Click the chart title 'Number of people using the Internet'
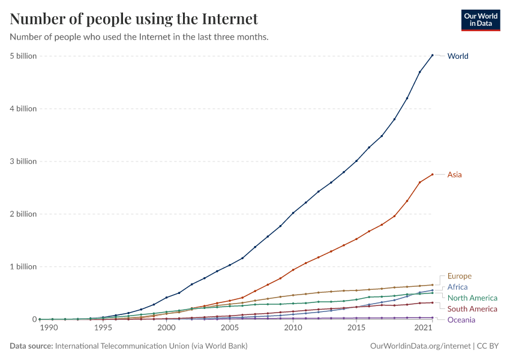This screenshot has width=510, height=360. tap(134, 19)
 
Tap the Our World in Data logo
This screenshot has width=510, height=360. tap(480, 20)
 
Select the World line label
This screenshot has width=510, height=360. tap(458, 56)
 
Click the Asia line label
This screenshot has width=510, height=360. tap(454, 175)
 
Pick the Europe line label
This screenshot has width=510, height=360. tap(459, 277)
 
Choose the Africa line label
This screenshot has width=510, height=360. tap(457, 287)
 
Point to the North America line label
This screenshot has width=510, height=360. tap(472, 298)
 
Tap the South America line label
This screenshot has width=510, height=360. tap(472, 309)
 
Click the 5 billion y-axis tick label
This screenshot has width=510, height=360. tap(23, 56)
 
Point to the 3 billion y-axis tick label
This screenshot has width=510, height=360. tap(23, 161)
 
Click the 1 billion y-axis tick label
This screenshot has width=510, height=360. tap(23, 266)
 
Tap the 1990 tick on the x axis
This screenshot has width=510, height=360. tap(49, 328)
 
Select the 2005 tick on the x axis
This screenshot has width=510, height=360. tap(229, 328)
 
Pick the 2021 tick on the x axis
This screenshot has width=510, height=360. tap(424, 328)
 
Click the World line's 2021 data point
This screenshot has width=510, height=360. tap(432, 55)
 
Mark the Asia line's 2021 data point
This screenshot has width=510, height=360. tap(432, 175)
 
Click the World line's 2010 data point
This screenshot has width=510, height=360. tap(293, 213)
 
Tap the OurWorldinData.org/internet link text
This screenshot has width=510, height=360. tap(421, 346)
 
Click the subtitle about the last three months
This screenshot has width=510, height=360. tap(139, 37)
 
